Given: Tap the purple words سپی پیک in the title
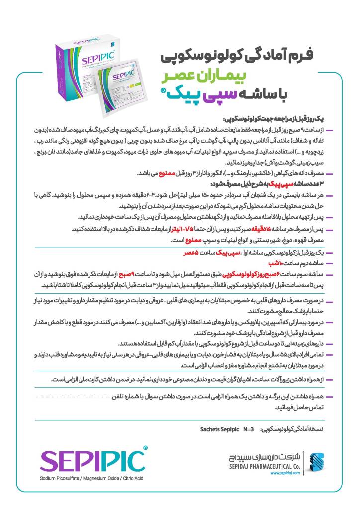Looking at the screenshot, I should pyautogui.click(x=199, y=93).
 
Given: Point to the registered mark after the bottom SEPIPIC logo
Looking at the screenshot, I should pyautogui.click(x=145, y=448).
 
